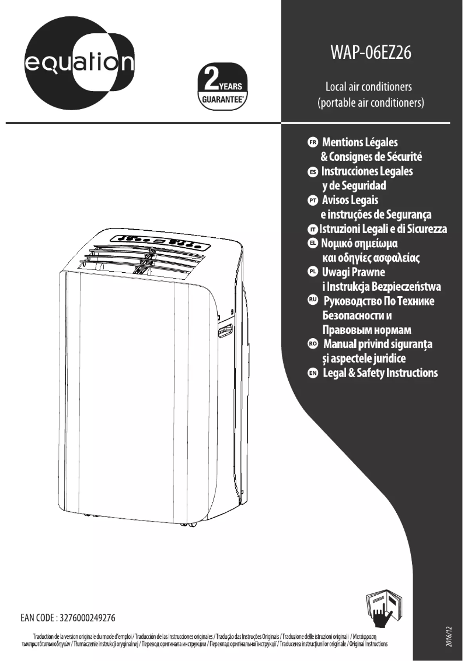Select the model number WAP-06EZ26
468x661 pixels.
(x=371, y=53)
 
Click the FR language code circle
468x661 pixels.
(x=313, y=142)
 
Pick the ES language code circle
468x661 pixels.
(x=313, y=173)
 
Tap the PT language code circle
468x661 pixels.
(x=313, y=201)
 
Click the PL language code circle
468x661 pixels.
(x=313, y=272)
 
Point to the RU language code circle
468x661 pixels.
(x=313, y=301)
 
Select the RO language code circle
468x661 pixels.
(x=313, y=344)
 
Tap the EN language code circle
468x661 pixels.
(x=313, y=373)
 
